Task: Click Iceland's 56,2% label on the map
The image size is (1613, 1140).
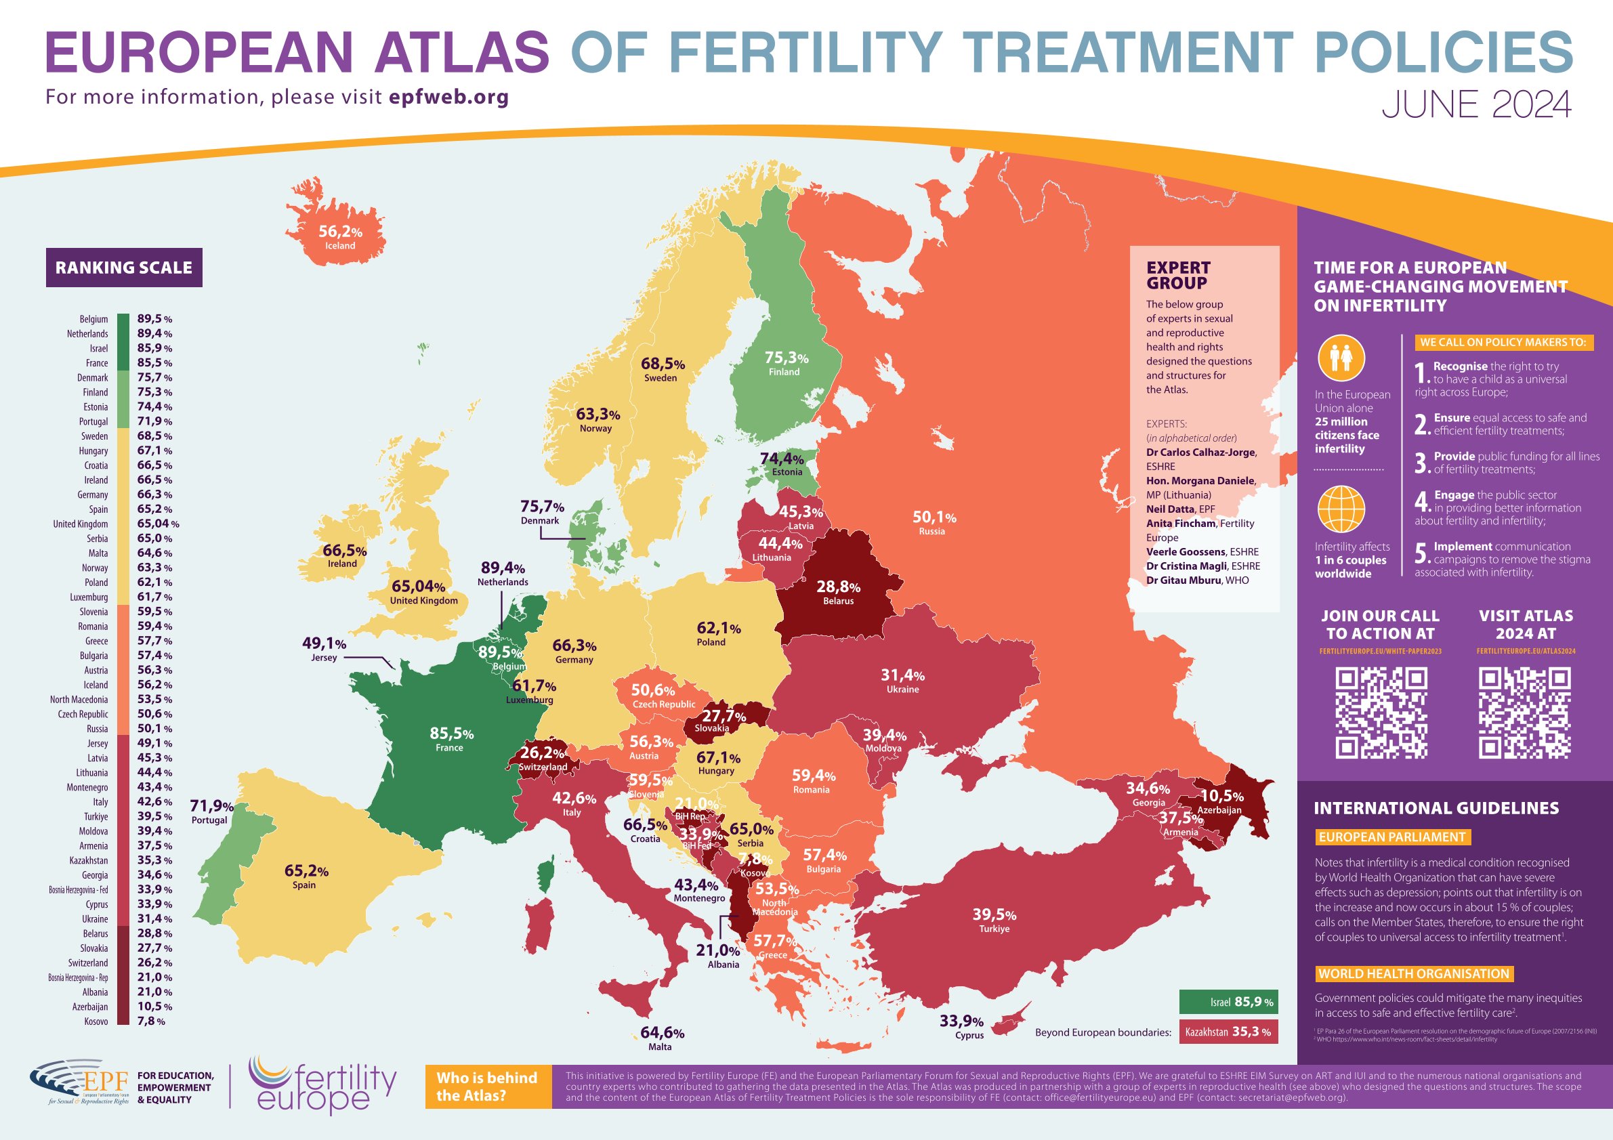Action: coord(340,232)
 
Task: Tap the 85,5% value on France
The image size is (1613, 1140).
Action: coord(451,734)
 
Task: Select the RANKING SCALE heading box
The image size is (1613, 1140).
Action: coord(125,268)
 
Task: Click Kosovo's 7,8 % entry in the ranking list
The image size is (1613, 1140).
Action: coord(150,1021)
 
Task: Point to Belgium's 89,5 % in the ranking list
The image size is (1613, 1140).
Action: coord(154,319)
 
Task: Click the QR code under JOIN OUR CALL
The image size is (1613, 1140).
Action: coord(1381,714)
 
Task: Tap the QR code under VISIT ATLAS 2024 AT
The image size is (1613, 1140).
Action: coord(1524,714)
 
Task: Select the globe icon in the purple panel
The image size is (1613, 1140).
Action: coord(1341,509)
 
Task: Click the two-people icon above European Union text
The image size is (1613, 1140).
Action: coord(1341,358)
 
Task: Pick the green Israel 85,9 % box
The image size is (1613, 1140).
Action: coord(1228,1002)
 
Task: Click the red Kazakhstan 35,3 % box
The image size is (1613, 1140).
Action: coord(1228,1032)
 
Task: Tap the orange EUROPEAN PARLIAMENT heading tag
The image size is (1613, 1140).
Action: coord(1392,837)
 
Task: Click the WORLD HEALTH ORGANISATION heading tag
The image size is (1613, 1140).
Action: coord(1415,973)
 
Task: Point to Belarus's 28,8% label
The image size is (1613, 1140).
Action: coord(838,587)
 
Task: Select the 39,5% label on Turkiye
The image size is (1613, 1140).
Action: coord(994,914)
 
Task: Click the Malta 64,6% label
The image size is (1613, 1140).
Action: coord(661,1033)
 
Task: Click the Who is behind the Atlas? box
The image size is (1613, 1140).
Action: coord(488,1086)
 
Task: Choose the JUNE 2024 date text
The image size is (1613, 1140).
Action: coord(1476,106)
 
